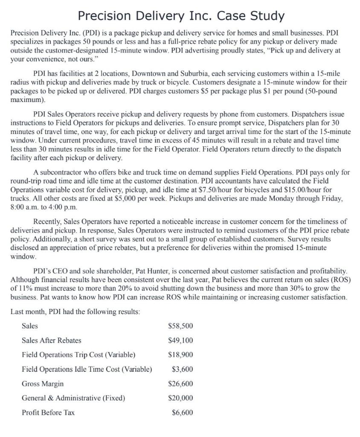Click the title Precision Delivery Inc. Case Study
(x=181, y=16)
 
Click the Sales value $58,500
(x=181, y=326)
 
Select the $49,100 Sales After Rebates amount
(x=181, y=341)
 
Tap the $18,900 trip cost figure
(x=181, y=355)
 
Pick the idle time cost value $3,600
(x=183, y=369)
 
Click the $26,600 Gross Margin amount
(x=181, y=384)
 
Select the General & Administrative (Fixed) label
(x=73, y=398)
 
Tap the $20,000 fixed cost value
(x=181, y=398)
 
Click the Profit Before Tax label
(x=48, y=413)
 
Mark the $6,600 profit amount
(x=183, y=413)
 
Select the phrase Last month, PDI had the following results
(x=75, y=312)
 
